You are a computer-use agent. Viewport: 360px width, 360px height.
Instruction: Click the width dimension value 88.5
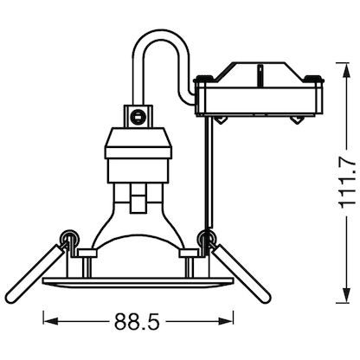tap(136, 322)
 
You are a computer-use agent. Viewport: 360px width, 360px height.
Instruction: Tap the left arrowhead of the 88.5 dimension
tap(48, 321)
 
